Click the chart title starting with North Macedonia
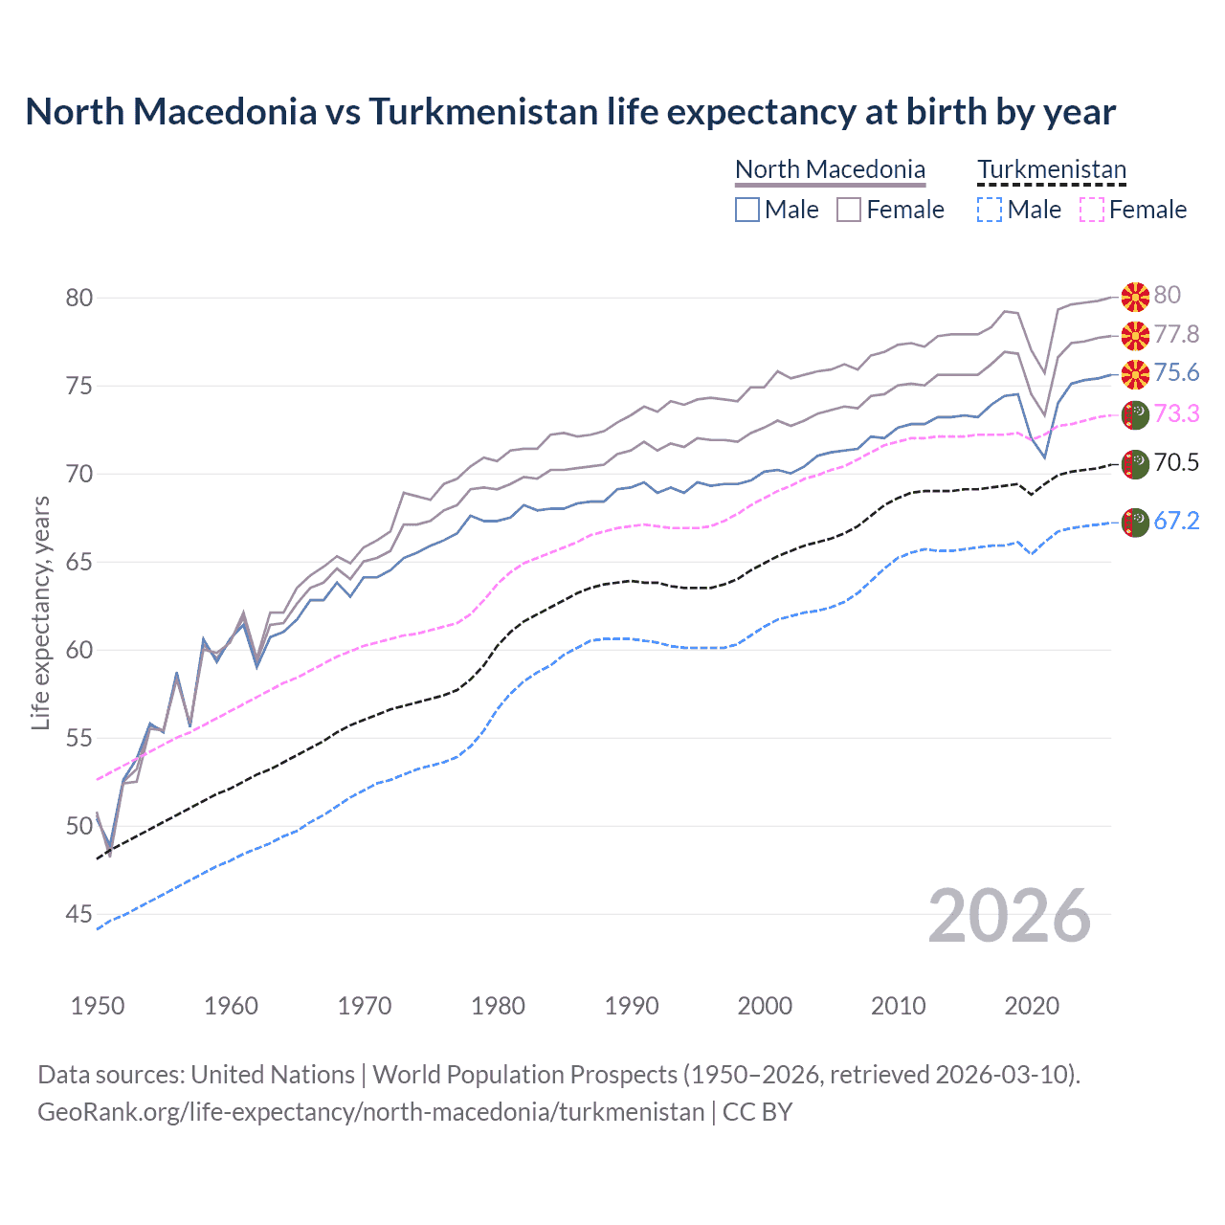click(x=570, y=112)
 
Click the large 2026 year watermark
click(x=1009, y=916)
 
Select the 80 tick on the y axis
click(x=79, y=298)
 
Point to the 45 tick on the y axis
click(x=79, y=915)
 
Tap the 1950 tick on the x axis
click(x=98, y=1006)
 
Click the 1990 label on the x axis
click(x=632, y=1006)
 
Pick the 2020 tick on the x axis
click(x=1032, y=1006)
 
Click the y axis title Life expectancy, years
click(x=40, y=612)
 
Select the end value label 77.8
click(x=1176, y=334)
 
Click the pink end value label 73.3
click(x=1176, y=413)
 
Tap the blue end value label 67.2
click(x=1176, y=521)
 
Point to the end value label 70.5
click(x=1176, y=463)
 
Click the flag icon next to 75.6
click(x=1135, y=373)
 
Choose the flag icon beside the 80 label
click(x=1135, y=297)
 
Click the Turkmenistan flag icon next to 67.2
click(x=1135, y=523)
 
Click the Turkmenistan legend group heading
click(x=1052, y=169)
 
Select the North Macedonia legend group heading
click(x=830, y=169)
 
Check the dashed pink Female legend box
click(x=1092, y=210)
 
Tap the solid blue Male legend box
click(x=747, y=210)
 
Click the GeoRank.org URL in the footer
click(x=370, y=1112)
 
